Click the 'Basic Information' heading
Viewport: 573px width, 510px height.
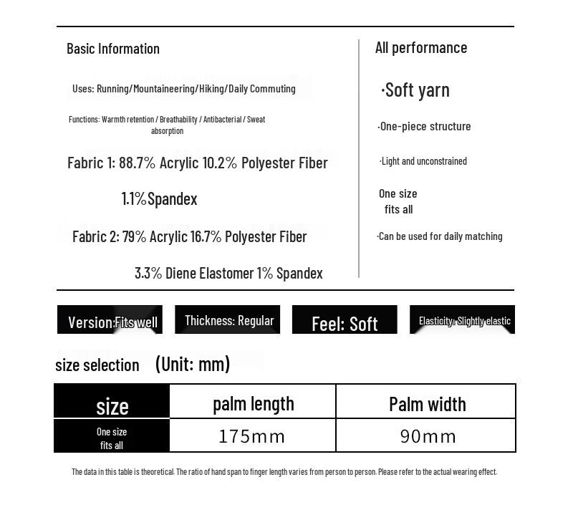tap(113, 49)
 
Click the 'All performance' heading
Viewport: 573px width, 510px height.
tap(421, 48)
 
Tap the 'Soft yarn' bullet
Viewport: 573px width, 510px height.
tap(416, 90)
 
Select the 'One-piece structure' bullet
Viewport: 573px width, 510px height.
tap(425, 127)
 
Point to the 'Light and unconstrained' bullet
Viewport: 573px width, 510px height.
tap(423, 161)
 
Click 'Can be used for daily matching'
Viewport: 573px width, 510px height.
tap(440, 236)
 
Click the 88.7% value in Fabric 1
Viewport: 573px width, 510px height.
tap(137, 163)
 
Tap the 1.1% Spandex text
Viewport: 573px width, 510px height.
tap(159, 199)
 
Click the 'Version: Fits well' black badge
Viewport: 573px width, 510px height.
tap(110, 321)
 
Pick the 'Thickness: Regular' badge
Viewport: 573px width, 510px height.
tap(228, 320)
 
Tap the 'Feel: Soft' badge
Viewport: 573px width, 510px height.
tap(345, 323)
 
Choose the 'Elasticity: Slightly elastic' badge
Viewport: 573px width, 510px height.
tap(463, 320)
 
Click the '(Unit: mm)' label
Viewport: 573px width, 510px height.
tap(193, 364)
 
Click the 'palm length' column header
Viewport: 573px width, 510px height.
tap(253, 403)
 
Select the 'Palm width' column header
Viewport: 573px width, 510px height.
tap(427, 404)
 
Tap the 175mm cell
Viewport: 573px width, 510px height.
tap(252, 436)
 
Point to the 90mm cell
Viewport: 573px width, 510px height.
tap(428, 436)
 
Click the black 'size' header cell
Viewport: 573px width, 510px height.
tap(112, 405)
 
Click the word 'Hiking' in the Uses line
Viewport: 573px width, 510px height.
tap(212, 89)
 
